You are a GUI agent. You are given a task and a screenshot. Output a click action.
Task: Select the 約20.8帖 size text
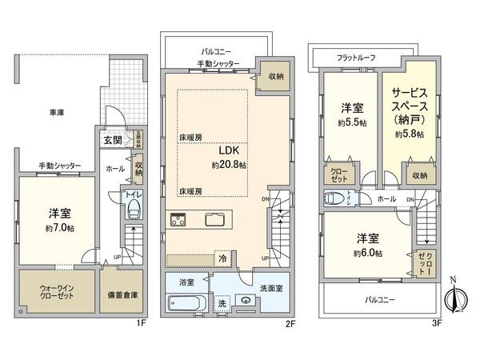tap(229, 164)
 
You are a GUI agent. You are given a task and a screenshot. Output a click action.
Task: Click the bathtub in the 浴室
tap(186, 303)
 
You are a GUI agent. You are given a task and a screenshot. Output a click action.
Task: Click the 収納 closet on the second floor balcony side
tap(274, 76)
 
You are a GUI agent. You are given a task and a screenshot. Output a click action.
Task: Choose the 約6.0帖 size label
tap(368, 252)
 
